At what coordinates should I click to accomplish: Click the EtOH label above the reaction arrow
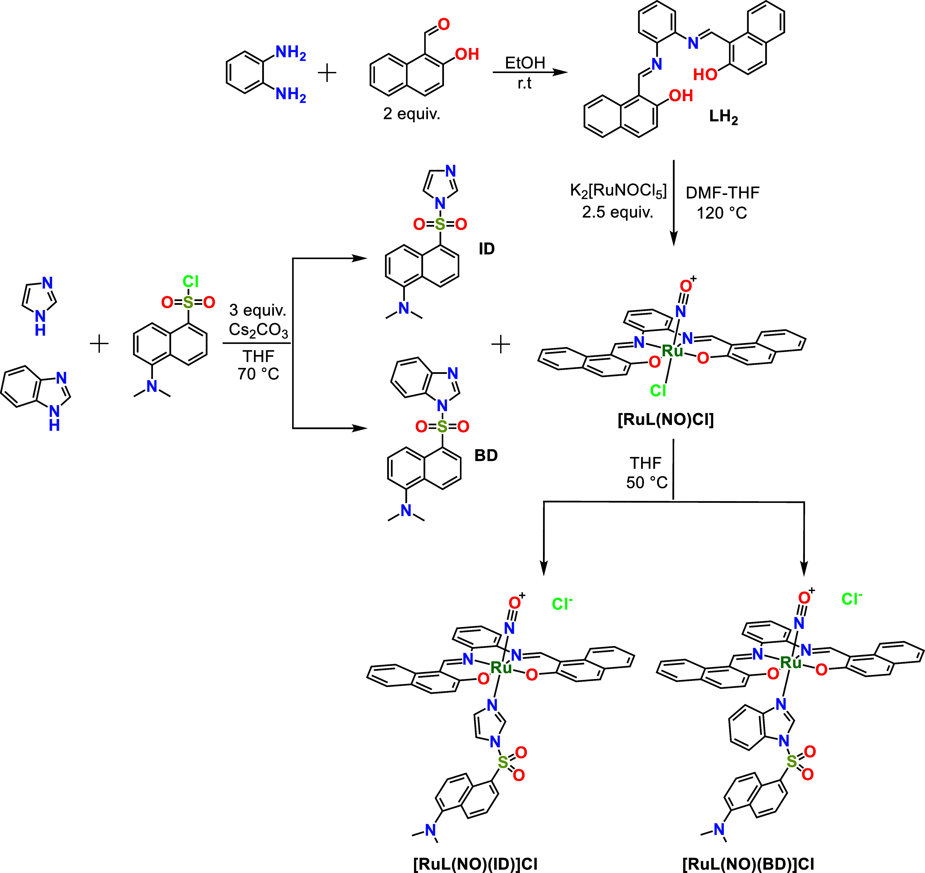(525, 63)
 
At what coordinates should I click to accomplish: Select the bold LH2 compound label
(723, 117)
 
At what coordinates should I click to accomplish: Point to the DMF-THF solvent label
(723, 192)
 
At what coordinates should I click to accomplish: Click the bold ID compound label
(487, 249)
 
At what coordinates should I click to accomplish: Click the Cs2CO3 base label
(258, 330)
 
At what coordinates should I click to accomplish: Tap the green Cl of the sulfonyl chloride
(191, 281)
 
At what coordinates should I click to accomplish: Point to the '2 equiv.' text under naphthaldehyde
(412, 113)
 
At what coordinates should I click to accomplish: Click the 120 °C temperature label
(722, 213)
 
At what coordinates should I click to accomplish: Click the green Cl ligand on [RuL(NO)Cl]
(658, 391)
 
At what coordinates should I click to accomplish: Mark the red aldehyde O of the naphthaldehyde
(444, 24)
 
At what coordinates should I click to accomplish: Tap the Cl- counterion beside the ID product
(562, 603)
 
